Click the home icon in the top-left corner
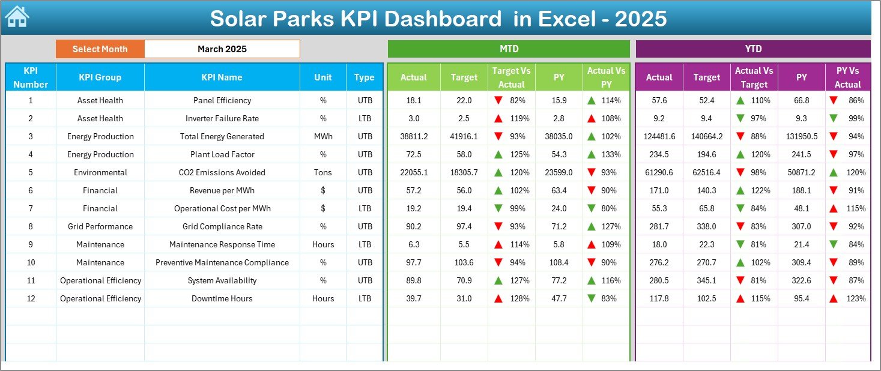(x=17, y=17)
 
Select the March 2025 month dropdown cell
(x=222, y=49)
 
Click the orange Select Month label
(x=100, y=49)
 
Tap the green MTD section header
(x=509, y=49)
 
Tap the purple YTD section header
(x=752, y=49)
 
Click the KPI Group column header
(x=100, y=77)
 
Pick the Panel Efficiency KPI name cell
(x=222, y=100)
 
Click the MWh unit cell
(x=323, y=136)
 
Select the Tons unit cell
(x=323, y=172)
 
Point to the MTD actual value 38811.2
(x=414, y=136)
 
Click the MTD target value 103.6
(x=464, y=262)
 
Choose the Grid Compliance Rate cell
(x=222, y=226)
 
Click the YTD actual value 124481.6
(x=659, y=136)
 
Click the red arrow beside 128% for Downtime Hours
(x=498, y=298)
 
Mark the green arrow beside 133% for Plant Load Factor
(x=592, y=154)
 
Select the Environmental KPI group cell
(x=100, y=172)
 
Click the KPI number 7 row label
(x=31, y=208)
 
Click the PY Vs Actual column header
(x=847, y=77)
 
